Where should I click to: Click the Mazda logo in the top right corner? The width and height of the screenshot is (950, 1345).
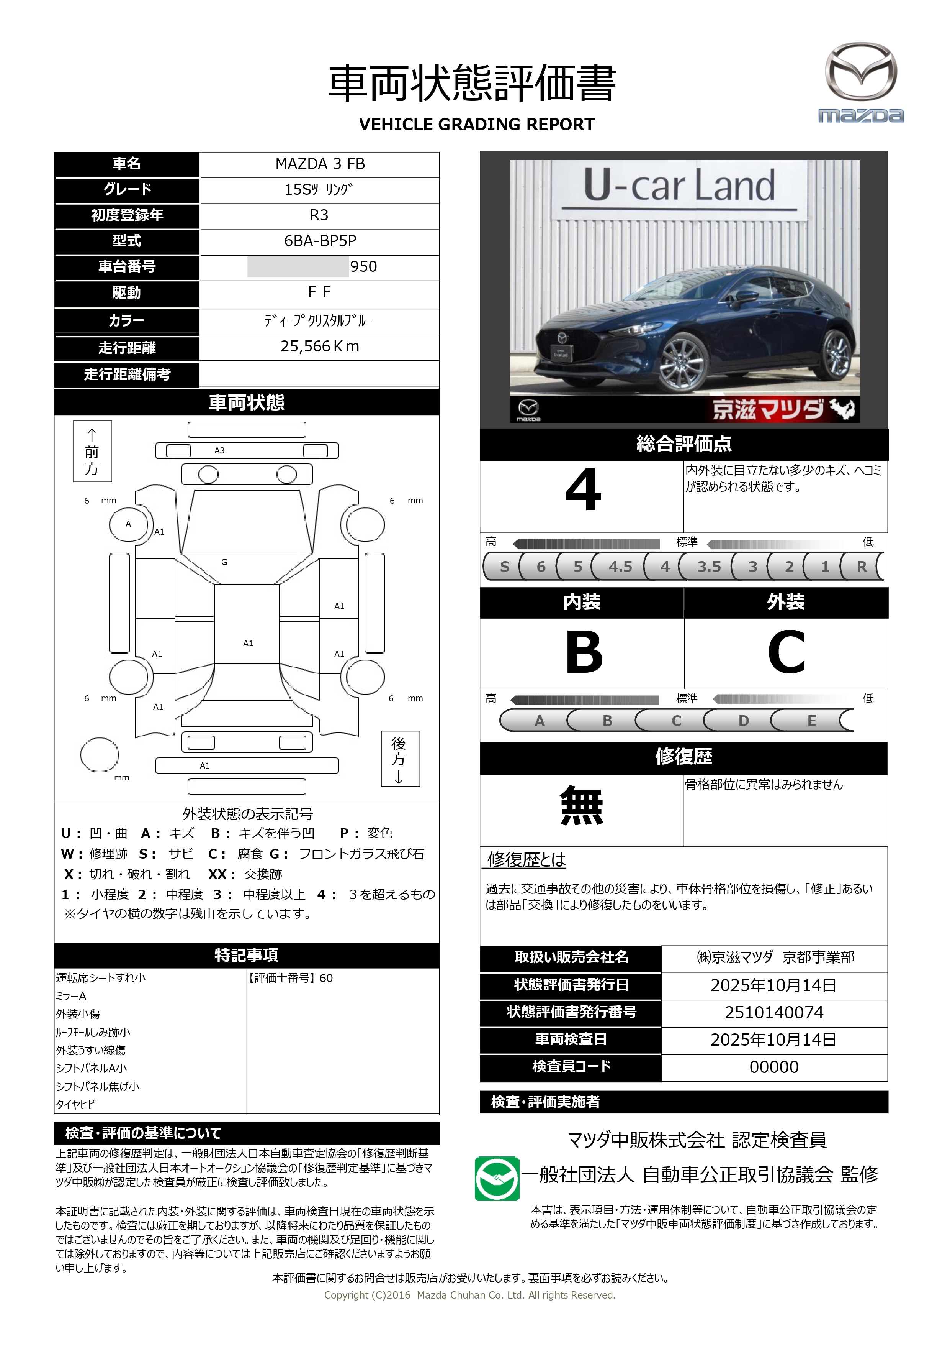click(x=860, y=82)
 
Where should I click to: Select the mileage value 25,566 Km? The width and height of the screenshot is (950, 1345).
click(x=320, y=347)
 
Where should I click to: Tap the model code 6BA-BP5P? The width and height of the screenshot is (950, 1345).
click(x=320, y=241)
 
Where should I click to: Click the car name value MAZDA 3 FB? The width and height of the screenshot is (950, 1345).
click(x=320, y=164)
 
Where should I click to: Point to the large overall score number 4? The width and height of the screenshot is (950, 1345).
click(x=582, y=491)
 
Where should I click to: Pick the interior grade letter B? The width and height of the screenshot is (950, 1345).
click(x=584, y=653)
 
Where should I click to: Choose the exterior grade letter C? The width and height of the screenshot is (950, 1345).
click(x=786, y=653)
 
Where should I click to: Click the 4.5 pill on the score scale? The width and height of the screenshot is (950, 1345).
click(x=620, y=567)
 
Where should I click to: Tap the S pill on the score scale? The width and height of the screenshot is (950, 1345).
click(x=504, y=567)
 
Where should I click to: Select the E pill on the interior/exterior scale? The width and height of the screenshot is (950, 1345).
click(x=811, y=721)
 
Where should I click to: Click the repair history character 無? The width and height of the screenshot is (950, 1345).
click(x=581, y=806)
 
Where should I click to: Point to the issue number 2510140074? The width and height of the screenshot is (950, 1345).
click(x=774, y=1012)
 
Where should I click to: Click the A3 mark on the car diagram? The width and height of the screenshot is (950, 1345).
click(x=219, y=450)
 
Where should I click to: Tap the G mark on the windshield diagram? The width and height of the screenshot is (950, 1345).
click(x=224, y=562)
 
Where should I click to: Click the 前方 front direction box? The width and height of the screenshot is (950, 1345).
click(x=92, y=451)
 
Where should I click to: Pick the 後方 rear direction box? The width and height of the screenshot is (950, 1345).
click(x=400, y=759)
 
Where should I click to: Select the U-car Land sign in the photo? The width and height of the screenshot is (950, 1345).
click(x=679, y=186)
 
